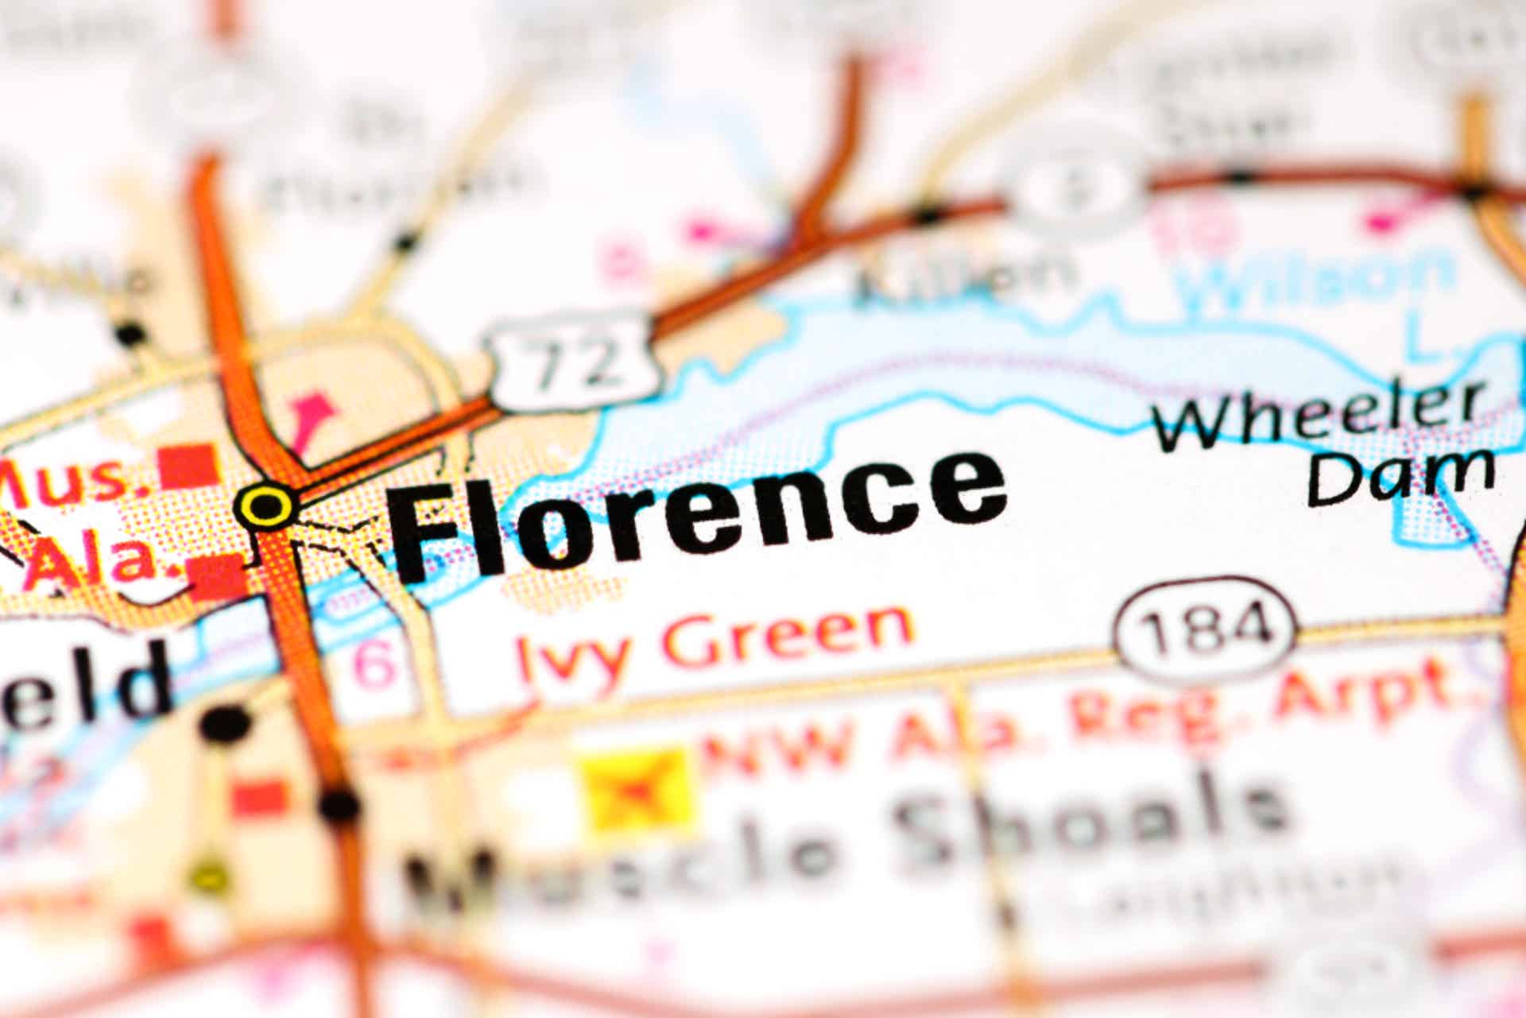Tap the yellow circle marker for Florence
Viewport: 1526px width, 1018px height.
point(266,505)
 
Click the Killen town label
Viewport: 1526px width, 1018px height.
point(962,278)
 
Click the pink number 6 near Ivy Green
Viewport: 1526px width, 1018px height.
point(374,663)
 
